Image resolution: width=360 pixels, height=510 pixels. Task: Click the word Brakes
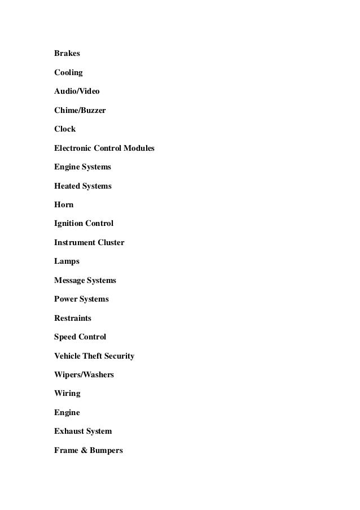pos(67,54)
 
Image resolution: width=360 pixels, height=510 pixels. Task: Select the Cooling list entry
pos(68,73)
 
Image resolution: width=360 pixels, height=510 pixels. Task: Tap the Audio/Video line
pos(77,91)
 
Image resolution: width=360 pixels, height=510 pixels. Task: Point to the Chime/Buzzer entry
pos(80,110)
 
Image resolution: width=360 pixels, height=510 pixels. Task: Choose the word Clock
pos(65,129)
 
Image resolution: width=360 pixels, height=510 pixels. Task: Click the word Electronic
pos(74,148)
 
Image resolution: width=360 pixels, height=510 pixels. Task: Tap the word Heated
pos(67,186)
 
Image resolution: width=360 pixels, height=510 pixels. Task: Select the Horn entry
pos(64,204)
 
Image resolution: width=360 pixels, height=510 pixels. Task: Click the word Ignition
pos(68,224)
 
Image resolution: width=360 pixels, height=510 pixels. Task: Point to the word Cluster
pos(110,242)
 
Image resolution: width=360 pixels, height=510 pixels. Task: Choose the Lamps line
pos(67,261)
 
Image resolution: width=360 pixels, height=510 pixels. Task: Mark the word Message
pos(69,280)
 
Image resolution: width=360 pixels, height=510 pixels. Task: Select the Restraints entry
pos(73,318)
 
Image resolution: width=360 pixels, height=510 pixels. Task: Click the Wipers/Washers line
pos(84,374)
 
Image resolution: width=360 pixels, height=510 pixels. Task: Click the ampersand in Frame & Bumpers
pos(84,450)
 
